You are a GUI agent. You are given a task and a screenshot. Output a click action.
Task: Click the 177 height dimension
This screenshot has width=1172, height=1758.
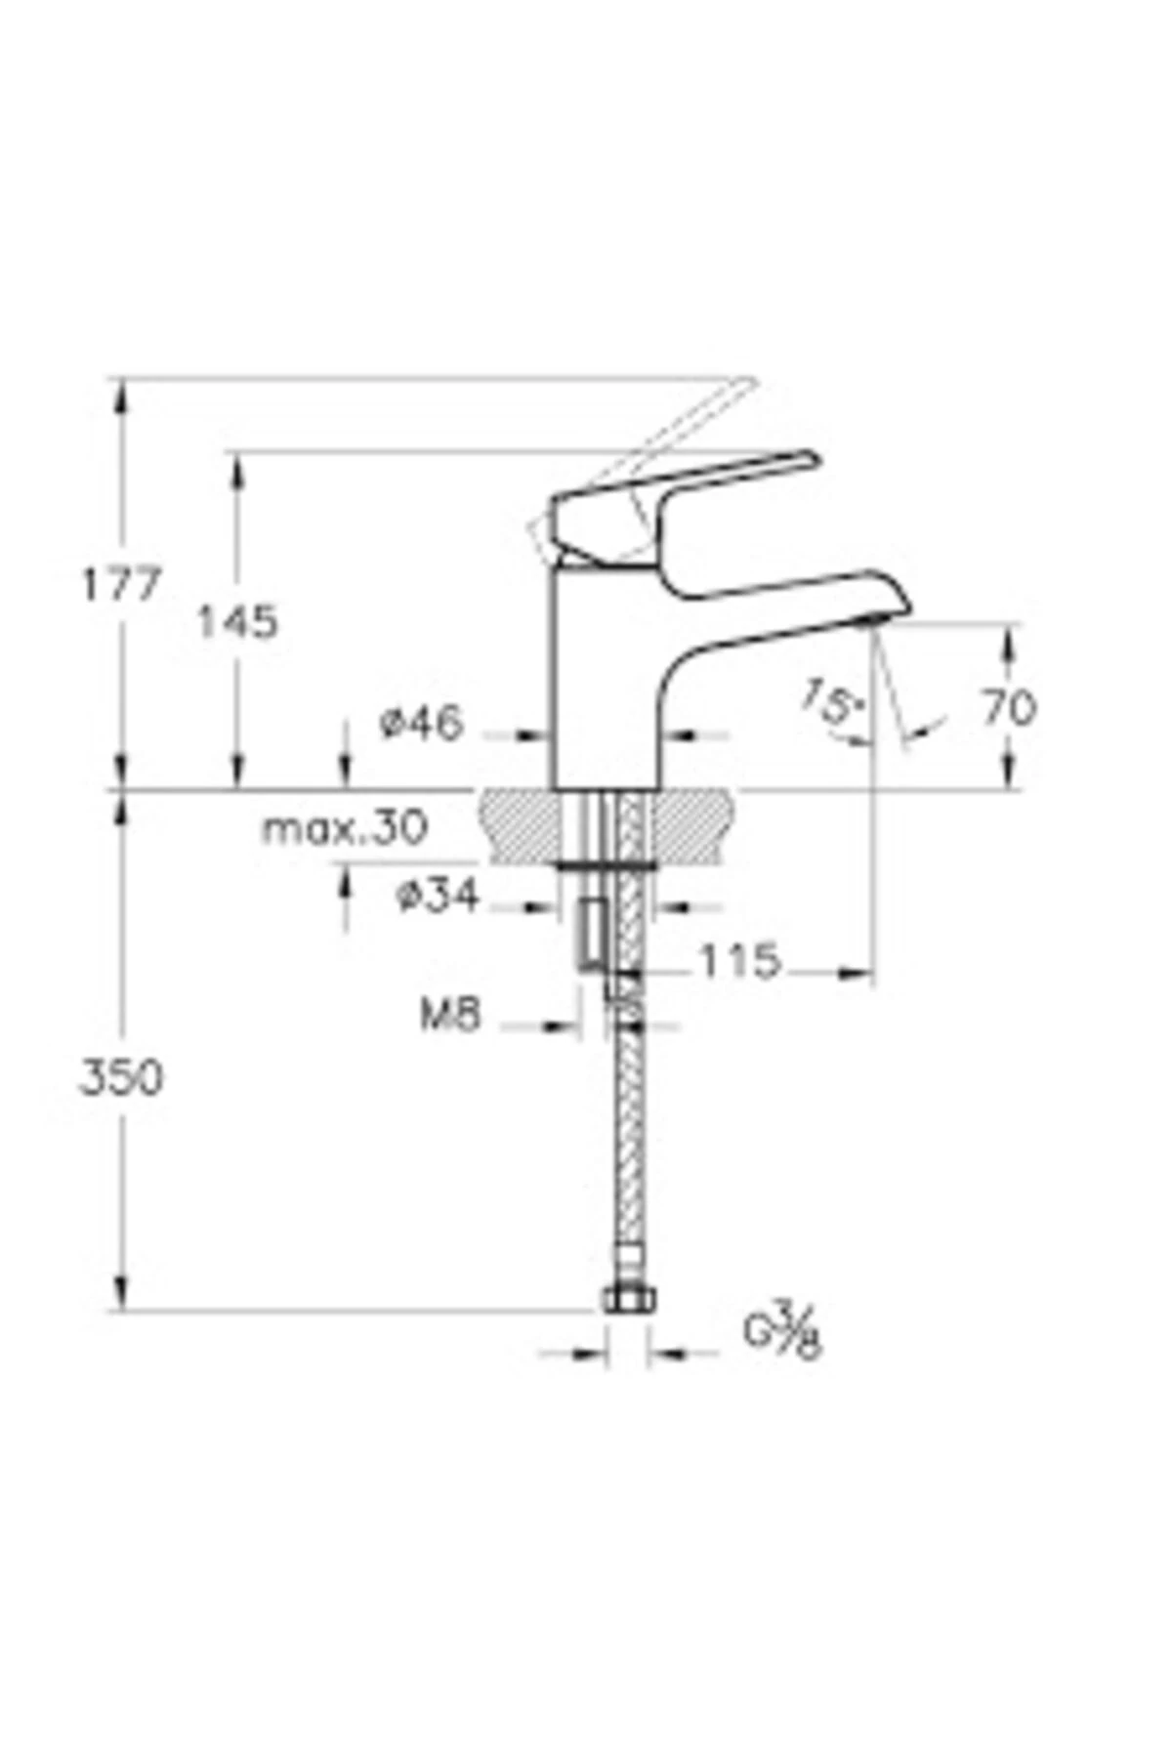tap(119, 585)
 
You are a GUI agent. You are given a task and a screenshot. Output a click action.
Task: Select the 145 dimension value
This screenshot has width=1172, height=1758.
tap(237, 621)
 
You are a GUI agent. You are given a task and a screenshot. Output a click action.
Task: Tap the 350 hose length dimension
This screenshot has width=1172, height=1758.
tap(120, 1078)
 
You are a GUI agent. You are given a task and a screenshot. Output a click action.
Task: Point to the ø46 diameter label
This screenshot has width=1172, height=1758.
tap(420, 724)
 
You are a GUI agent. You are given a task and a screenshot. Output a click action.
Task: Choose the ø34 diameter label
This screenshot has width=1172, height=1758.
tap(439, 895)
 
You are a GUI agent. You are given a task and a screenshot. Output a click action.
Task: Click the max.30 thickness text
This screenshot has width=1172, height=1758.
tap(345, 829)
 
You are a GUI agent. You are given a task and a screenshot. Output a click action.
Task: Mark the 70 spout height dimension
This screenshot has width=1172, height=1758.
tap(1008, 706)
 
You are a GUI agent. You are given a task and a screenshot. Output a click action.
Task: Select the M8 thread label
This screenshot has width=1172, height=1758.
tap(450, 1016)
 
